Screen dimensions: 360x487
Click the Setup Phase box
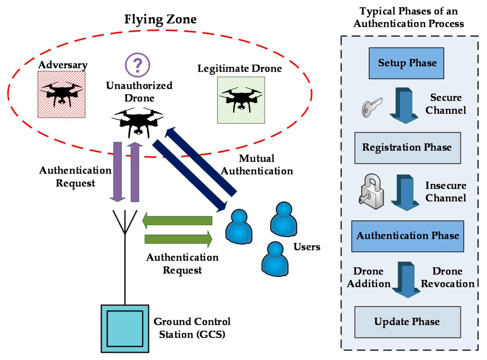click(x=407, y=63)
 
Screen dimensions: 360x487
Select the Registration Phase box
click(x=407, y=147)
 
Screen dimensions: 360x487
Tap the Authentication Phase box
click(x=407, y=236)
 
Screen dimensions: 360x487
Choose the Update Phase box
click(x=407, y=322)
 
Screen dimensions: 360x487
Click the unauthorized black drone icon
click(x=138, y=121)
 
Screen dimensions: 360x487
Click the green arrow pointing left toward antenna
click(x=177, y=220)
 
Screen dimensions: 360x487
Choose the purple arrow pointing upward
click(x=136, y=172)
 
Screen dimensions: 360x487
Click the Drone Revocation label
click(x=447, y=277)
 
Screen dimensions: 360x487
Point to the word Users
click(x=307, y=247)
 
